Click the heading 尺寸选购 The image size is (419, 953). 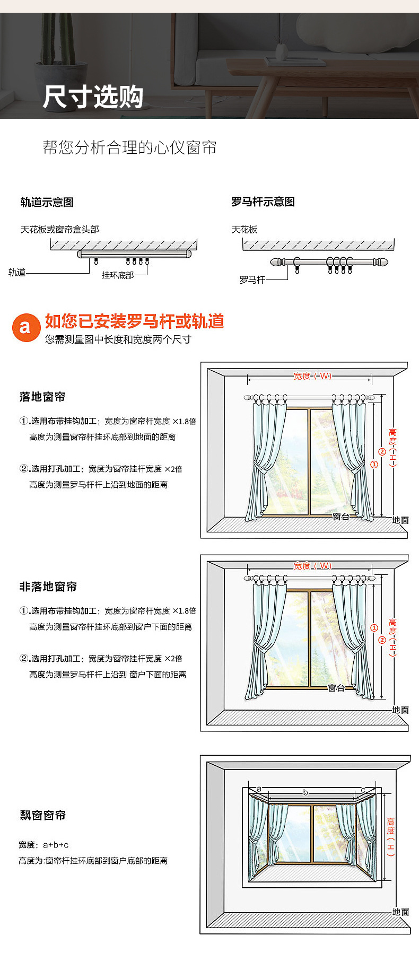(x=93, y=97)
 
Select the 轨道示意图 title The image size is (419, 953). (x=47, y=202)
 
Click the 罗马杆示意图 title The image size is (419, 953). (x=263, y=202)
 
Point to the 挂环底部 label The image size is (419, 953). (x=118, y=275)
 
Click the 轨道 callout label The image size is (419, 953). (x=17, y=273)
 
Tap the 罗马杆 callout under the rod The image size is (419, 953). (x=252, y=279)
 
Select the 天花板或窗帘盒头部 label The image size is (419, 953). (x=59, y=230)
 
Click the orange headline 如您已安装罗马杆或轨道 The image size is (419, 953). (x=134, y=321)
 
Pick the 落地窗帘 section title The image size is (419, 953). (x=42, y=397)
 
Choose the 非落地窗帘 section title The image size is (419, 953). (x=48, y=587)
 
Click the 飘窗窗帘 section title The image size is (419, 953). (x=42, y=815)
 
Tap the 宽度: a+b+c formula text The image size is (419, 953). (x=43, y=845)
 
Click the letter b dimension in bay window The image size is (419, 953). (x=305, y=792)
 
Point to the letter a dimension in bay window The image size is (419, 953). (x=259, y=789)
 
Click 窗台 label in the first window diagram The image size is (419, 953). (x=341, y=516)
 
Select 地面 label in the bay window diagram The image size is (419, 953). (x=401, y=912)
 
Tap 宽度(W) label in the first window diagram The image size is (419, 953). (x=312, y=376)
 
